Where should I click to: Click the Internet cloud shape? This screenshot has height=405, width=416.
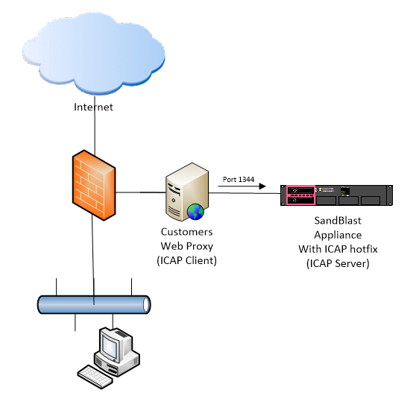(93, 53)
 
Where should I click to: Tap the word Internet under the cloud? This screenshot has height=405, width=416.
(93, 107)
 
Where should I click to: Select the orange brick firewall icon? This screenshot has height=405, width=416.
(94, 185)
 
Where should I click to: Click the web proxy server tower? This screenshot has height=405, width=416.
(187, 192)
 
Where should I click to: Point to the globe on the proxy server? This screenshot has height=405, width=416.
(195, 212)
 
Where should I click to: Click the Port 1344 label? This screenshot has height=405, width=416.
(239, 180)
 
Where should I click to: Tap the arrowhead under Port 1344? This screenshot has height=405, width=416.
(262, 186)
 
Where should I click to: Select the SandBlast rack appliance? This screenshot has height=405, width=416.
(336, 195)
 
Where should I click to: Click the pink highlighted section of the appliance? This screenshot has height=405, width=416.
(300, 195)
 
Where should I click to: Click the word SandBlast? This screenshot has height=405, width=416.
(338, 221)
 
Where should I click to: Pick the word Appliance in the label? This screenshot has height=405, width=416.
(338, 235)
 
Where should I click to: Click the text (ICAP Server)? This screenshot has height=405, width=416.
(338, 263)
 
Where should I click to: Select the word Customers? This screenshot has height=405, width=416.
(187, 232)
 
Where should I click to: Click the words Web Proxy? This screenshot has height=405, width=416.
(187, 246)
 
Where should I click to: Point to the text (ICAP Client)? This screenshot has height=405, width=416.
(187, 260)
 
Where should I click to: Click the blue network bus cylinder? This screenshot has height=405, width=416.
(94, 304)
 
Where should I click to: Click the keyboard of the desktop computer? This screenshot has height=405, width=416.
(95, 377)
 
